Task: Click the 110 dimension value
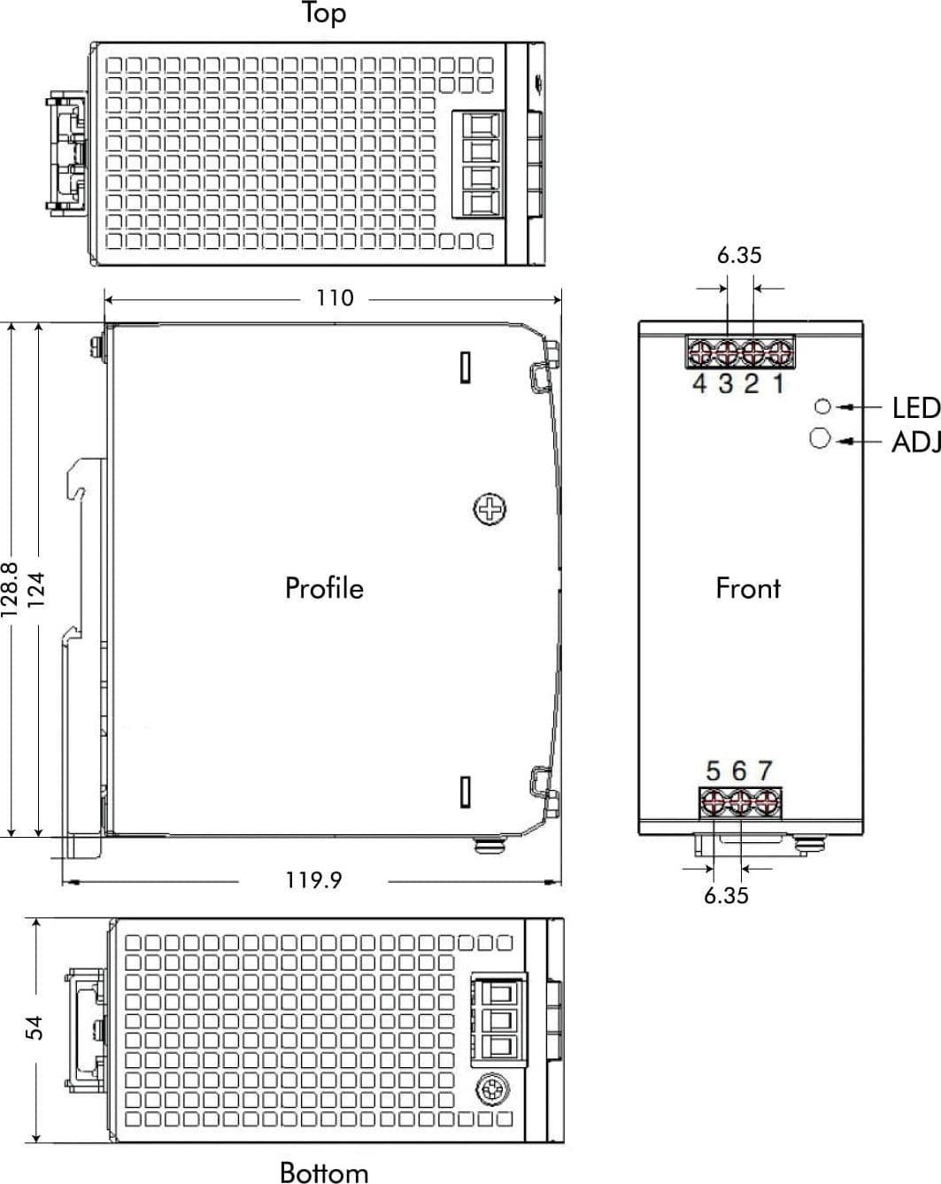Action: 335,298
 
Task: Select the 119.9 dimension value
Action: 313,880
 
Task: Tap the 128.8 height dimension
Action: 10,589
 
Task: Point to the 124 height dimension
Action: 36,589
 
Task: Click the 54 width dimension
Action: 35,1028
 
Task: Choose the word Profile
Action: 324,588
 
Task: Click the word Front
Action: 748,588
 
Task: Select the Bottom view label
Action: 324,1172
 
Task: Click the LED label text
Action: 915,408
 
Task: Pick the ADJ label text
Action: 915,442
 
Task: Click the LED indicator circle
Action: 822,406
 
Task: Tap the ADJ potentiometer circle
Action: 820,438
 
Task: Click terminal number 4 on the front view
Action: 699,383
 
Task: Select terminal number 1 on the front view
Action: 779,383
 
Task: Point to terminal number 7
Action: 766,770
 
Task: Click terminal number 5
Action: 713,770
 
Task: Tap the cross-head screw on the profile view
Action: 490,509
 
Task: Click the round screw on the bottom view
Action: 492,1089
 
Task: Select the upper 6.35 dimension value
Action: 739,255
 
